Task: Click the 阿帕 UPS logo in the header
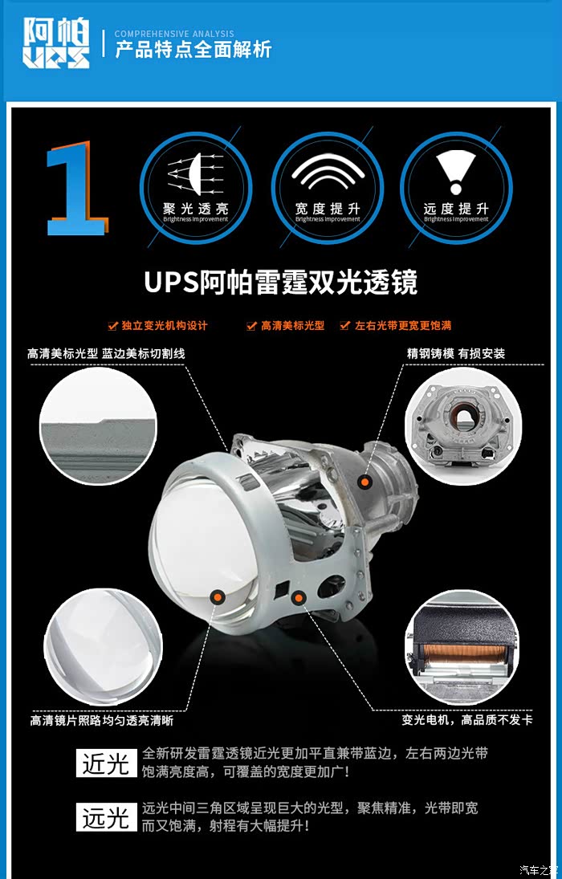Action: [56, 43]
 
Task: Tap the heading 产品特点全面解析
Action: [193, 49]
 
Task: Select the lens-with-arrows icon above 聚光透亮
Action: [196, 173]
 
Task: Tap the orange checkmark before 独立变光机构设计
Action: [112, 326]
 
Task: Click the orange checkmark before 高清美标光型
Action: [251, 326]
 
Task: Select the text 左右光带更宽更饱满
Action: [403, 326]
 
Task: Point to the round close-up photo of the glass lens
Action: [104, 647]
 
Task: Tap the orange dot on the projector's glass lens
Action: [218, 597]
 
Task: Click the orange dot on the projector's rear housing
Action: [365, 481]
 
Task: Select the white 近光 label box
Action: [107, 763]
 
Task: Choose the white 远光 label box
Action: [107, 816]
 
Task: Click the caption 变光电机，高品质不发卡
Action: [467, 720]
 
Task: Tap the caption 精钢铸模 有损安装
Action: [456, 354]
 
